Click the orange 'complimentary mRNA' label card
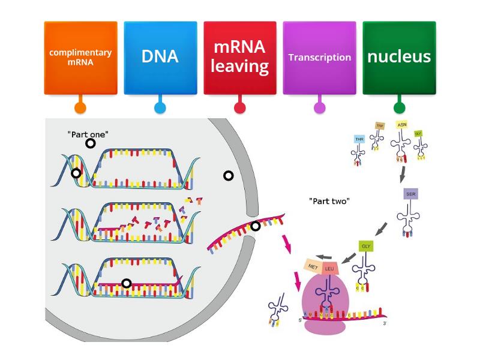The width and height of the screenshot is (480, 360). coord(80,57)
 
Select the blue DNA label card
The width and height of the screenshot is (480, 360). coord(160,57)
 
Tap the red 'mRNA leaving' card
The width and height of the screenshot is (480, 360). coord(240,57)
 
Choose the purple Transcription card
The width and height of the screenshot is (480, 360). coord(319,57)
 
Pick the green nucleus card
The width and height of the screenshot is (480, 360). coord(399,57)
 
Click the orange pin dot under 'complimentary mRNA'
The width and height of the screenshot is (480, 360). coord(80,108)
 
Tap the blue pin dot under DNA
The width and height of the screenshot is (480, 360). coord(160,108)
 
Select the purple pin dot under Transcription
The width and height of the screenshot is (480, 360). coord(319,108)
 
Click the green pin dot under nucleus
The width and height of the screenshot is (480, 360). coord(399,108)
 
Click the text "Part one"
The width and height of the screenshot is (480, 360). coord(88,134)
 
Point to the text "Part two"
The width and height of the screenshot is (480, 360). coord(329,201)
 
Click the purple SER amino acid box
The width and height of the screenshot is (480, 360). coord(410,195)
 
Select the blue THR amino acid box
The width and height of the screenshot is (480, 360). coord(359,139)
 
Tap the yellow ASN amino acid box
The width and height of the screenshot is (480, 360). coord(401,125)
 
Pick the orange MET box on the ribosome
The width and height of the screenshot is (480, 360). coord(313,266)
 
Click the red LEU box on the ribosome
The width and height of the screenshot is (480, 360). coord(329,268)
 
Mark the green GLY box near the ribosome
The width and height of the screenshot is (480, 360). coord(366,246)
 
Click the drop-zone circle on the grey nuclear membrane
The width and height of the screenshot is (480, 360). coord(228,176)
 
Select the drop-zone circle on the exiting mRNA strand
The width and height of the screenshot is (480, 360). coord(256,226)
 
